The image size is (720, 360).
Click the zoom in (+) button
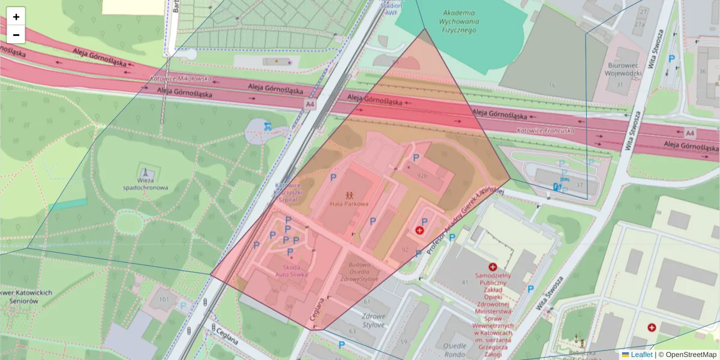[16, 17]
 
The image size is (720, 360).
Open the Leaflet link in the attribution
[641, 355]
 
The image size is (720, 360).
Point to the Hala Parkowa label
[349, 204]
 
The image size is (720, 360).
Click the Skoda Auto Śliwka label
[292, 270]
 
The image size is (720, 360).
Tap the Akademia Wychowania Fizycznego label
[458, 21]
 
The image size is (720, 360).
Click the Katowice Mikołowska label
[181, 79]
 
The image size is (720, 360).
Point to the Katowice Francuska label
[545, 130]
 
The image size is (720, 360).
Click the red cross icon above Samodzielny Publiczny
[493, 266]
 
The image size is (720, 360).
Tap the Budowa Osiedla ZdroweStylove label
[359, 271]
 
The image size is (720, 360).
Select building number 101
[163, 299]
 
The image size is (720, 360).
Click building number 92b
[422, 176]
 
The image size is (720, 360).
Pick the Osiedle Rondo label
[455, 350]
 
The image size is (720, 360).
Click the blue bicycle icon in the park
[267, 126]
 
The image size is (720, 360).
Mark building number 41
[464, 282]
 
